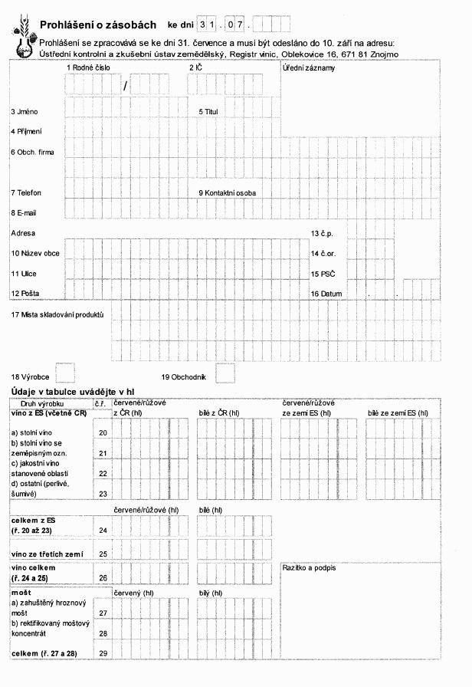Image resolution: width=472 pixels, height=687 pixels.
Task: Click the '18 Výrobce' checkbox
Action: [x=67, y=373]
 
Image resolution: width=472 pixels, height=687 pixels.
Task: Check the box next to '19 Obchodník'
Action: [x=225, y=373]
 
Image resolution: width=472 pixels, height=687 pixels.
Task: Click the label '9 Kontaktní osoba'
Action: [x=228, y=192]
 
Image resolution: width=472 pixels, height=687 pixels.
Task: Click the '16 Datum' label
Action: [x=326, y=294]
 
